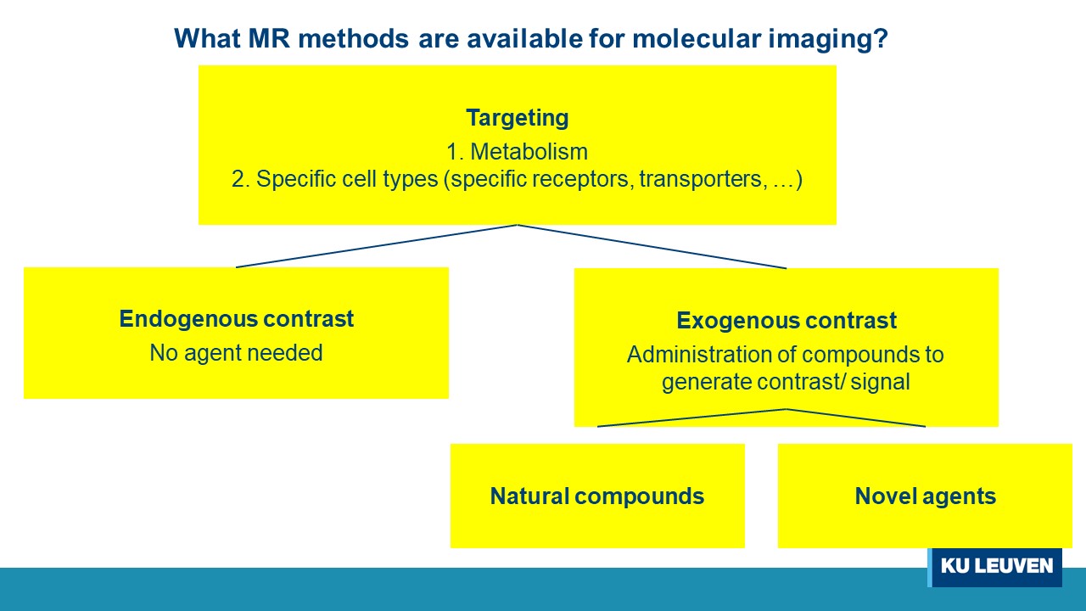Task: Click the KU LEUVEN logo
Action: click(x=995, y=566)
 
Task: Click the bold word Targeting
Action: click(x=517, y=118)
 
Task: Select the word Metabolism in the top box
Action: click(x=529, y=152)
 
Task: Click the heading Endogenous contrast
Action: click(x=236, y=319)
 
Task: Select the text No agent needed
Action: click(x=236, y=352)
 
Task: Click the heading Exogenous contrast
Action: click(x=786, y=321)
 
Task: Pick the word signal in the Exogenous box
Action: click(x=879, y=382)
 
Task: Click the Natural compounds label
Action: click(x=596, y=496)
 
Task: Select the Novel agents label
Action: click(x=925, y=496)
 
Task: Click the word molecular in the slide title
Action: click(x=650, y=38)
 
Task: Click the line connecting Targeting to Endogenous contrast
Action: click(x=377, y=246)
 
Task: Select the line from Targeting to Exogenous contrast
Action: click(x=652, y=246)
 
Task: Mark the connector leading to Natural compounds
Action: click(x=691, y=418)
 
